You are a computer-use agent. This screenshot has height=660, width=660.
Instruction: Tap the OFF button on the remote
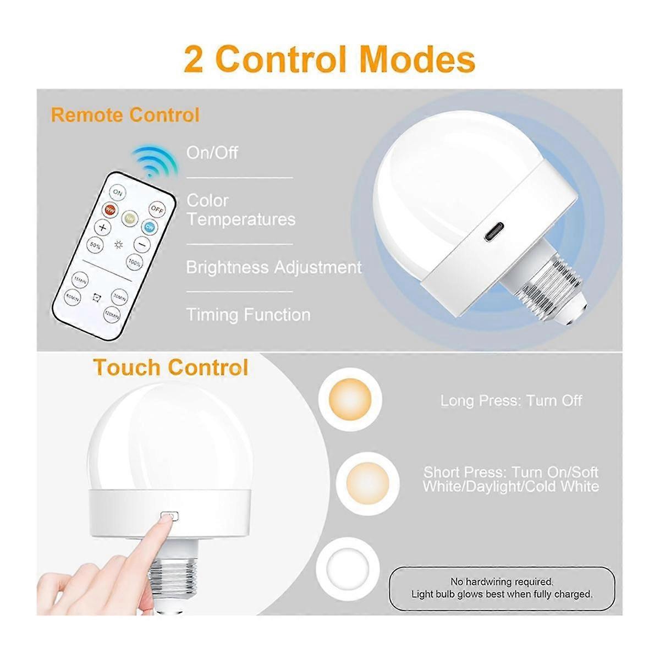click(x=157, y=210)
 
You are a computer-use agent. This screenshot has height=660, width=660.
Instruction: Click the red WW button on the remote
click(x=111, y=210)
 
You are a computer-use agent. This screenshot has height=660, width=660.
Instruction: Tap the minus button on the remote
click(x=142, y=243)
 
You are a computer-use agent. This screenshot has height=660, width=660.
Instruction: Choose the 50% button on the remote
click(x=96, y=246)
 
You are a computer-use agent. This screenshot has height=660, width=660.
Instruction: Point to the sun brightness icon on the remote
click(x=118, y=245)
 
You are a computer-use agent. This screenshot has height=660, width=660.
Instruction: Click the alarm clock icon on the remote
click(x=97, y=298)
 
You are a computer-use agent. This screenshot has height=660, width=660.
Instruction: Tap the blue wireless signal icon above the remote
click(x=153, y=161)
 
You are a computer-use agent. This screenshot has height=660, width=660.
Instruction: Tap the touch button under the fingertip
click(x=169, y=516)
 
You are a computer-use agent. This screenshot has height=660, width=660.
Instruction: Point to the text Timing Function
click(x=248, y=315)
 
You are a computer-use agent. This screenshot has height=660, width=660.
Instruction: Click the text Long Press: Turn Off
click(x=511, y=400)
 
